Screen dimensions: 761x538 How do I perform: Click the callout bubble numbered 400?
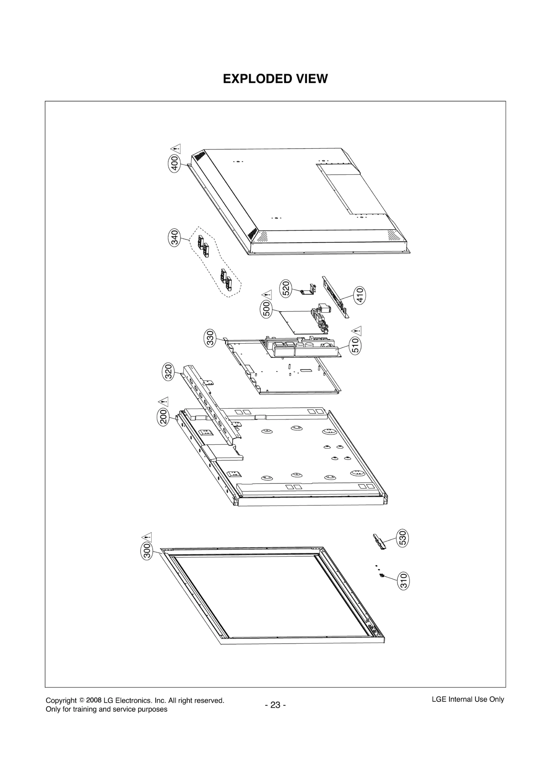(x=175, y=164)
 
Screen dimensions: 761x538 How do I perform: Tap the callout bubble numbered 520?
(x=285, y=288)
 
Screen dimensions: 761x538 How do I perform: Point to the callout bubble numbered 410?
(x=360, y=295)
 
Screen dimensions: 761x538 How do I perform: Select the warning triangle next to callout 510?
(x=357, y=331)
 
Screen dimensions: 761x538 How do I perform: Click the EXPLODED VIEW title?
(x=275, y=79)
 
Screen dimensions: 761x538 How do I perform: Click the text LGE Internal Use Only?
(x=468, y=699)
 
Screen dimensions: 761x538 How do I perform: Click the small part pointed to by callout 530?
(x=380, y=541)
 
